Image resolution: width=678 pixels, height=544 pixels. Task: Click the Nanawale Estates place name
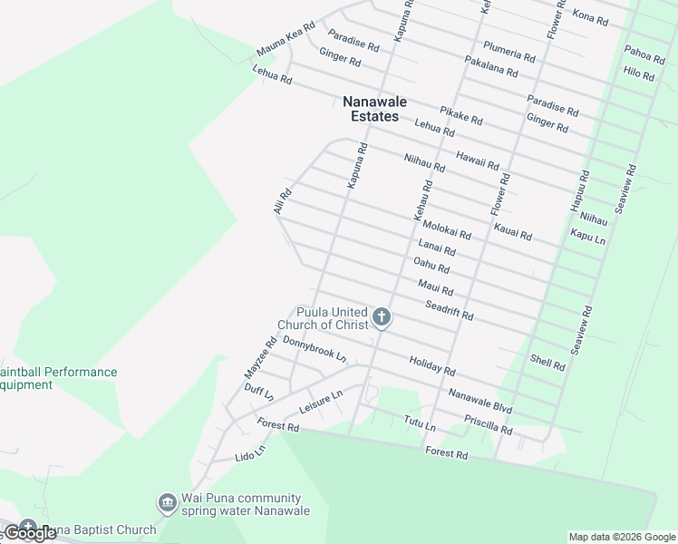pyautogui.click(x=374, y=109)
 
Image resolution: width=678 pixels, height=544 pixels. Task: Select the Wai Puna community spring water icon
pyautogui.click(x=167, y=502)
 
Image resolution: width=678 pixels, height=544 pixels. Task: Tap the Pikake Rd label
pyautogui.click(x=461, y=116)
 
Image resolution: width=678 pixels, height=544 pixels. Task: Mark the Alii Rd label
pyautogui.click(x=283, y=201)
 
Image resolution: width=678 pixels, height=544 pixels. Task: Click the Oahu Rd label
pyautogui.click(x=431, y=265)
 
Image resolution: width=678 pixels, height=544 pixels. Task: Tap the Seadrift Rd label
pyautogui.click(x=450, y=309)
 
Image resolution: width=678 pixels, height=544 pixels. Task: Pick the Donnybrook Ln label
pyautogui.click(x=315, y=349)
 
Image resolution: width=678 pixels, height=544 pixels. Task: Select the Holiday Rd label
pyautogui.click(x=431, y=365)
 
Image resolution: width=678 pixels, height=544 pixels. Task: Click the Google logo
pyautogui.click(x=30, y=533)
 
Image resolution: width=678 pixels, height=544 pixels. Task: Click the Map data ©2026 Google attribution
pyautogui.click(x=622, y=537)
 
